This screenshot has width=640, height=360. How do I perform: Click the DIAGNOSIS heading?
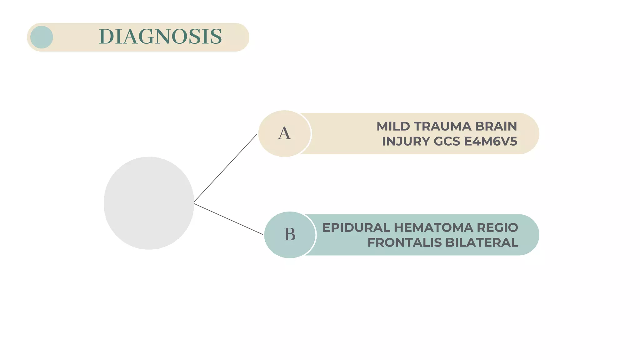(160, 37)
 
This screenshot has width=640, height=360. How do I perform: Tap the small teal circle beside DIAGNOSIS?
(42, 37)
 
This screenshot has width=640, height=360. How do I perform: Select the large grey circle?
(149, 203)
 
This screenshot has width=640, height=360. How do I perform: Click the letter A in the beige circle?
(284, 133)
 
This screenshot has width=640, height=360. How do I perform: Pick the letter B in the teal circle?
(290, 234)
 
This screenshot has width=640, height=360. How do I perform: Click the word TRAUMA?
(442, 127)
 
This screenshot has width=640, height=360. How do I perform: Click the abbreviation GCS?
(447, 142)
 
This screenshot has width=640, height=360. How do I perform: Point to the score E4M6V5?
(491, 142)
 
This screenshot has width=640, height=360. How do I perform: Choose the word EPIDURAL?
(356, 228)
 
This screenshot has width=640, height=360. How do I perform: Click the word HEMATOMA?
(433, 228)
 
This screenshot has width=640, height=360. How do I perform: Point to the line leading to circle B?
(228, 219)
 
